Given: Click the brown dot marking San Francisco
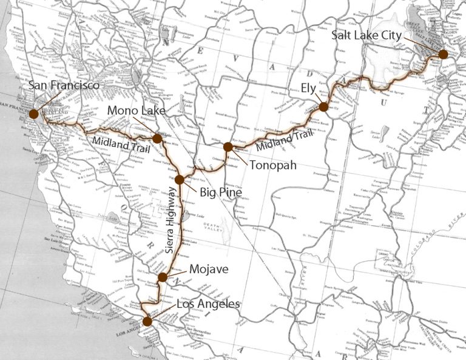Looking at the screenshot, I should pos(33,113).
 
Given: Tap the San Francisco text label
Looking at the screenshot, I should pos(64,86).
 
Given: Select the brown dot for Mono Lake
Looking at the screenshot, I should pos(157,138).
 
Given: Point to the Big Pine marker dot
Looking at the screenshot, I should pos(180,179).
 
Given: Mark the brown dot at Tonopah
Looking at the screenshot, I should pos(228,146).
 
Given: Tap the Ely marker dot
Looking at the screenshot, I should pos(323,107).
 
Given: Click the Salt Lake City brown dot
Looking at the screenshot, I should pos(443,54).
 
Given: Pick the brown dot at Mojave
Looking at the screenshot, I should pos(162,277).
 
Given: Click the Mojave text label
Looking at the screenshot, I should pos(208,267).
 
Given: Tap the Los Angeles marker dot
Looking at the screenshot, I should pos(147,321).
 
